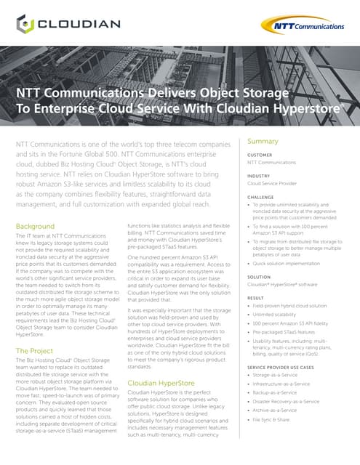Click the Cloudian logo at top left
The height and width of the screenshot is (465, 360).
tap(70, 24)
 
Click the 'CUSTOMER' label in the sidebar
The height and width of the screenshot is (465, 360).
tap(260, 155)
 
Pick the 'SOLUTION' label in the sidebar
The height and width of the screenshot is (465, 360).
tap(260, 277)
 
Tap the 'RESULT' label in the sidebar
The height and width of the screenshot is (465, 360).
tap(257, 298)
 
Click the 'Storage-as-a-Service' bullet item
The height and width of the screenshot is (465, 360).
tap(284, 376)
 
